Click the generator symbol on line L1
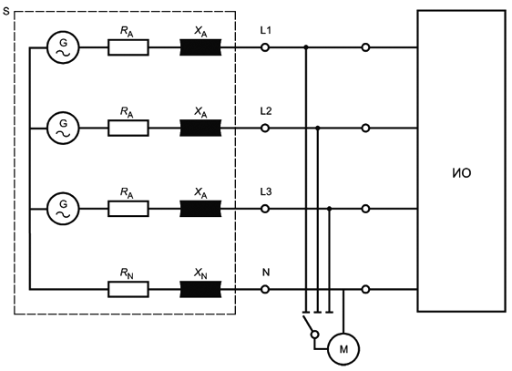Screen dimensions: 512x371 tap(63, 47)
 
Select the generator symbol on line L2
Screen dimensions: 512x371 tap(63, 128)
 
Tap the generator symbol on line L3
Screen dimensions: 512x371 tap(63, 209)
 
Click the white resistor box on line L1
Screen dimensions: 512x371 tap(128, 47)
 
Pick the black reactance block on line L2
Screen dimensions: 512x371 tap(200, 128)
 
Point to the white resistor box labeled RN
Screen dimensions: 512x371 tap(128, 289)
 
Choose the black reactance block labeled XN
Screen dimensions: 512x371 tap(200, 289)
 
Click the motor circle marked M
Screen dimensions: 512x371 tap(343, 349)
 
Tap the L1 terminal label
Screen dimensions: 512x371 tap(265, 30)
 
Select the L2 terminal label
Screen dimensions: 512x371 tap(266, 111)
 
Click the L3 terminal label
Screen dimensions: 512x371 tap(266, 191)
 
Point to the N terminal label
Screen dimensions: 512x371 tap(266, 272)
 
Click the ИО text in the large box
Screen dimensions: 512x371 tap(462, 173)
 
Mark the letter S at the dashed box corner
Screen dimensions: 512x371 tap(5, 12)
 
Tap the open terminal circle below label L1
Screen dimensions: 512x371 tap(265, 47)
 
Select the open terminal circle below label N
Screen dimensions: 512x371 tap(265, 289)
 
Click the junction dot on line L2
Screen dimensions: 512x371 tap(318, 128)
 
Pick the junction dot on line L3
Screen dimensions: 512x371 tap(330, 209)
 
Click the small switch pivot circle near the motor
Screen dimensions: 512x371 tap(314, 335)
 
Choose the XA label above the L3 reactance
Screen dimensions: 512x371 tap(200, 192)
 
